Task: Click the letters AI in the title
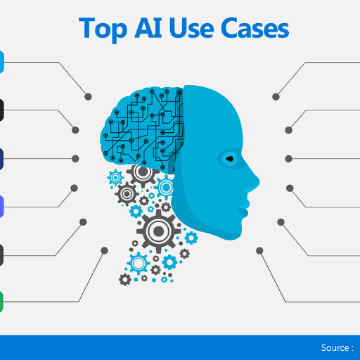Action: pyautogui.click(x=148, y=27)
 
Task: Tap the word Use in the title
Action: pyautogui.click(x=191, y=28)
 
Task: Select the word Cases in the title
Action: pyautogui.click(x=255, y=28)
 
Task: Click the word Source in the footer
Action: pyautogui.click(x=335, y=347)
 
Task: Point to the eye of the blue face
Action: pyautogui.click(x=229, y=159)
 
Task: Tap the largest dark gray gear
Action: pyautogui.click(x=159, y=231)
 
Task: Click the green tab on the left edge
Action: pyautogui.click(x=1, y=302)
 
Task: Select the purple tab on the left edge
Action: pyautogui.click(x=1, y=207)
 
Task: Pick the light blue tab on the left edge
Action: pyautogui.click(x=2, y=62)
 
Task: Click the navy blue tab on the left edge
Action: pyautogui.click(x=1, y=159)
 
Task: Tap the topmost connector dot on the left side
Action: pyautogui.click(x=88, y=96)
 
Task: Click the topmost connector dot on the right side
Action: pyautogui.click(x=276, y=96)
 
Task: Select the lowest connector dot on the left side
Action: pyautogui.click(x=105, y=250)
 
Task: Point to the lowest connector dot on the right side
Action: pyautogui.click(x=259, y=250)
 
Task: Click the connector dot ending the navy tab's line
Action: pyautogui.click(x=75, y=159)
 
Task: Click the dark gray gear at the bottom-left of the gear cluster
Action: pyautogui.click(x=125, y=279)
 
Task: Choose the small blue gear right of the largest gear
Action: pyautogui.click(x=191, y=238)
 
